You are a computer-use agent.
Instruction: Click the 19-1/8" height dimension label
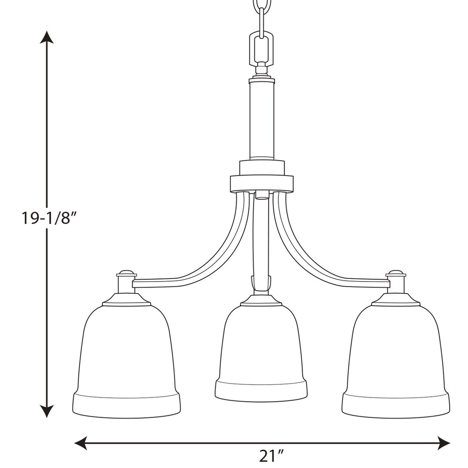48,218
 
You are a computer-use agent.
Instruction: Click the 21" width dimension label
271,456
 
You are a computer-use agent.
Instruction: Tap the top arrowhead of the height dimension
47,37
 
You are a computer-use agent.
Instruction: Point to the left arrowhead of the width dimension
81,442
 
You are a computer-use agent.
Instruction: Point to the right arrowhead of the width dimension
443,442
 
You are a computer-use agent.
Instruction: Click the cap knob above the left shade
127,273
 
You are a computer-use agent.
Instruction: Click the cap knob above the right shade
396,273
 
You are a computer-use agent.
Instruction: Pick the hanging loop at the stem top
261,48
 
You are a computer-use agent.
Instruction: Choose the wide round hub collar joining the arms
261,183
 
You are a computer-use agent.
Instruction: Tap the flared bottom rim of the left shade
126,404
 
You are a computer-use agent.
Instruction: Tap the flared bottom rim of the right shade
395,404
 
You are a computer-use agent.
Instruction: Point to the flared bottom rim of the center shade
261,389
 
